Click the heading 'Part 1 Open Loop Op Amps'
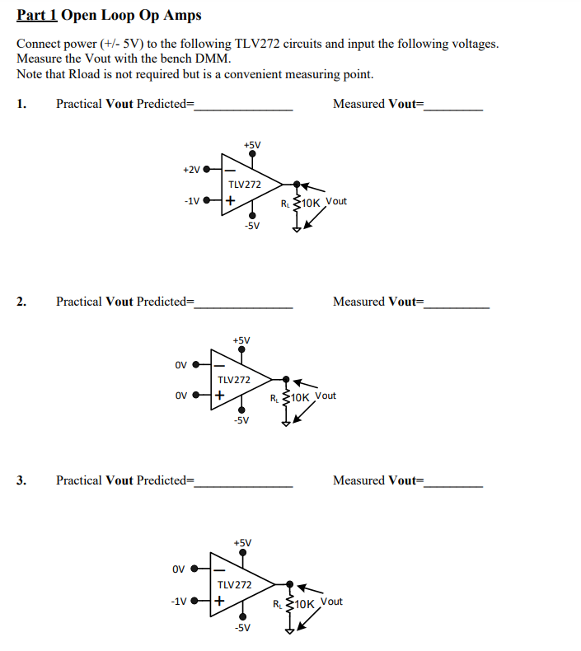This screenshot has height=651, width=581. point(109,16)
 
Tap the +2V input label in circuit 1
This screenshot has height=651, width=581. point(191,170)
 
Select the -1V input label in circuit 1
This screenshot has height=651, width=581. point(191,200)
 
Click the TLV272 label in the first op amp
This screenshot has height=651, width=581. point(245,185)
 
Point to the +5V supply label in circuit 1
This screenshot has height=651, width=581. point(252,146)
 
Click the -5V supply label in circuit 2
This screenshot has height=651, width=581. point(241,420)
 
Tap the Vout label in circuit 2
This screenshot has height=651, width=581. point(326,396)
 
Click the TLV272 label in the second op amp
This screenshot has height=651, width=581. point(233,380)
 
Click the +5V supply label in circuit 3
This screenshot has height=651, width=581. point(242,543)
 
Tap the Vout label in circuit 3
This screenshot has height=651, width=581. point(331,602)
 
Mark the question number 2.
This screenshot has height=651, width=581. point(21,302)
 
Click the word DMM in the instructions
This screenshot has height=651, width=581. point(215,59)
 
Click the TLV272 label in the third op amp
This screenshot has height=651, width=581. point(234,584)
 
